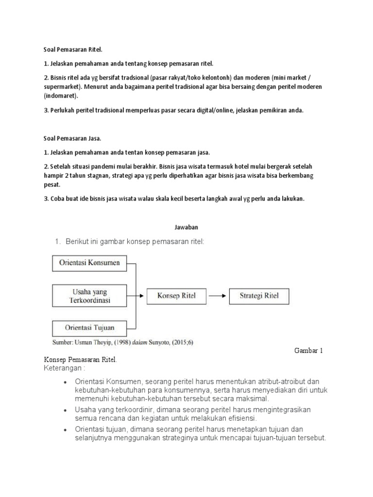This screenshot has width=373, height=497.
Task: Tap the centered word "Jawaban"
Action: pos(186,227)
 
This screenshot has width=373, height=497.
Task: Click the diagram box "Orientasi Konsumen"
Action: pos(89,264)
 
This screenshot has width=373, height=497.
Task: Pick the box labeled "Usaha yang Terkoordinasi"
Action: pos(89,296)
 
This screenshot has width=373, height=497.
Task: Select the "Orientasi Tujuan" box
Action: pos(89,327)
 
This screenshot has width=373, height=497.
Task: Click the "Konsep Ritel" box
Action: pos(175,296)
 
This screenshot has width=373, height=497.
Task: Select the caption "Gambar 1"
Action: pos(309,350)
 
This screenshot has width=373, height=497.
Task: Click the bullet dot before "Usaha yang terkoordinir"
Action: pos(65,411)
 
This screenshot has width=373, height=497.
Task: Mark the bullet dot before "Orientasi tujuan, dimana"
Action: pos(65,430)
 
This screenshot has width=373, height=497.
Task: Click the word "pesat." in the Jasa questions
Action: pos(52,185)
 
